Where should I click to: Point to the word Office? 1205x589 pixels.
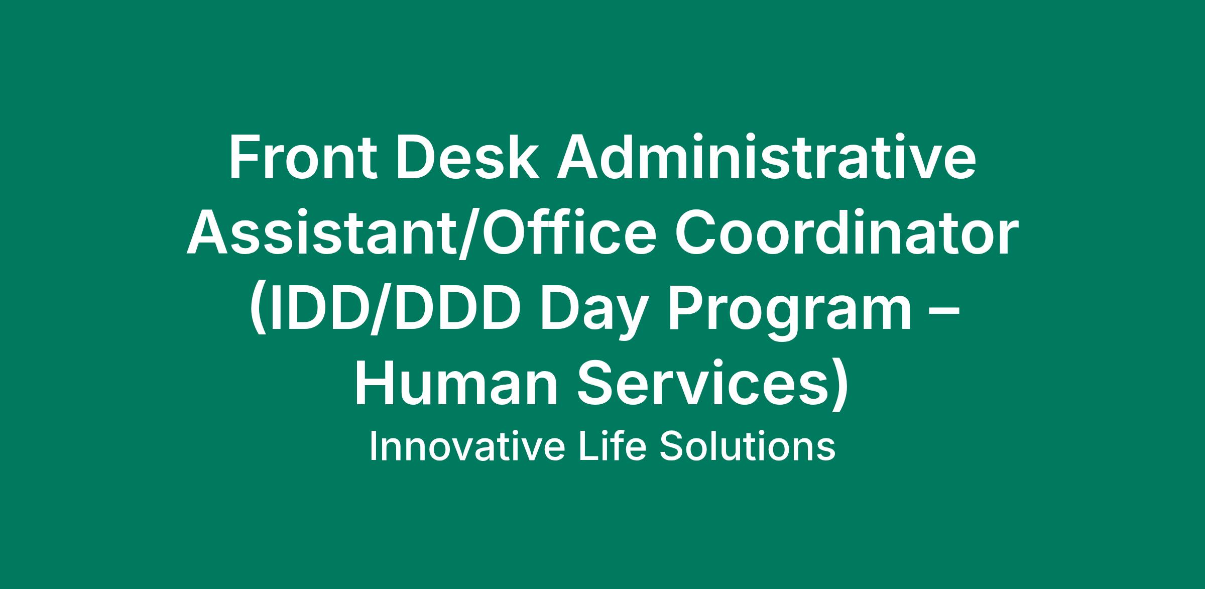pyautogui.click(x=565, y=232)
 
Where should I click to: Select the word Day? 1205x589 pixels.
pyautogui.click(x=592, y=314)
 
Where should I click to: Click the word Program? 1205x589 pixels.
pyautogui.click(x=788, y=314)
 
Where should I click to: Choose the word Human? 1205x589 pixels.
pyautogui.click(x=456, y=384)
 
